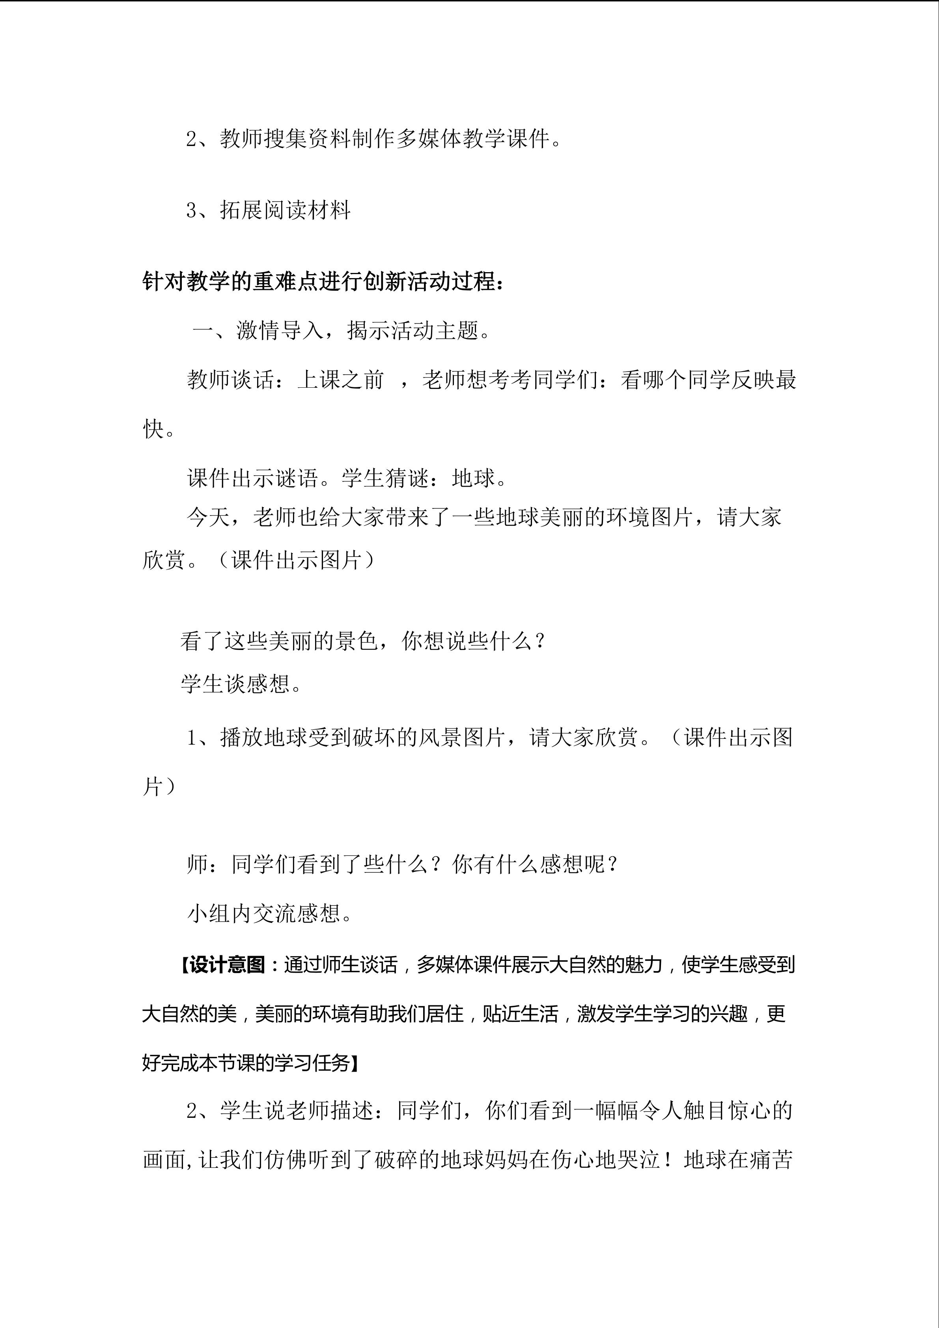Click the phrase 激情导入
(x=280, y=331)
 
